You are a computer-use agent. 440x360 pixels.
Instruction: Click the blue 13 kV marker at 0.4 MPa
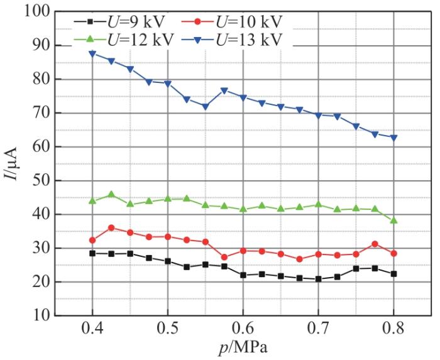(x=92, y=54)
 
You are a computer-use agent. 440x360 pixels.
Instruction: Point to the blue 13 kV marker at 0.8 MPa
(x=394, y=138)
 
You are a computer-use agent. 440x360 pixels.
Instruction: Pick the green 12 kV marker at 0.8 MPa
(x=394, y=221)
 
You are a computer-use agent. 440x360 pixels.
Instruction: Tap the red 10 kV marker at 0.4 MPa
(x=92, y=240)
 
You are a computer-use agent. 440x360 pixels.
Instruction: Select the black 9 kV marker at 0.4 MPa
(x=92, y=253)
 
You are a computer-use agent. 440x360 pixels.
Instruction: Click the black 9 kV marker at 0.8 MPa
(x=394, y=274)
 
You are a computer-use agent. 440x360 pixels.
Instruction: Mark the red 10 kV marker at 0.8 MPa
(x=394, y=253)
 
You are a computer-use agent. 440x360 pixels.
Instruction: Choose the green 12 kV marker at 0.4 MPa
(x=92, y=200)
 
